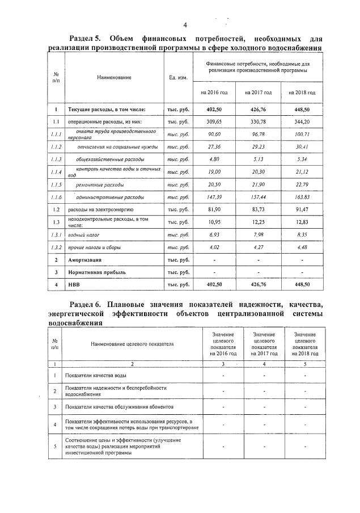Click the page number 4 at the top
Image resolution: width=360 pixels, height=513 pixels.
[185, 25]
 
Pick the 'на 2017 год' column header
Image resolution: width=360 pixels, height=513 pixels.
[258, 92]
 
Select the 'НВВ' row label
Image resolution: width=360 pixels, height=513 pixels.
[74, 284]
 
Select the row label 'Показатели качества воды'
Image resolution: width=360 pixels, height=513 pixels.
[96, 375]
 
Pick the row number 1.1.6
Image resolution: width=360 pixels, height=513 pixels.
[56, 197]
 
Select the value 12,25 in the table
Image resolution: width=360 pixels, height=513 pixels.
[258, 222]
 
